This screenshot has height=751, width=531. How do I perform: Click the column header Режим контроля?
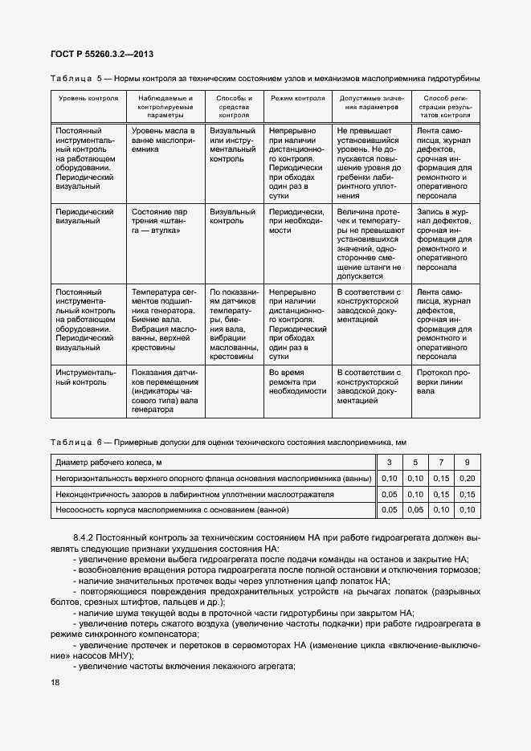[x=297, y=99]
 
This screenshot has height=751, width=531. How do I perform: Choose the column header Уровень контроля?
[x=88, y=99]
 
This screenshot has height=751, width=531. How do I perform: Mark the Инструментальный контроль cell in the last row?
[x=85, y=378]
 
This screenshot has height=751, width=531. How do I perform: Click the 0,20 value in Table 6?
[x=467, y=479]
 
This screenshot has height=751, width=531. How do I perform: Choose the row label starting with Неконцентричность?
[x=194, y=494]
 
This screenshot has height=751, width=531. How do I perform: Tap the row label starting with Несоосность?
[x=172, y=510]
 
